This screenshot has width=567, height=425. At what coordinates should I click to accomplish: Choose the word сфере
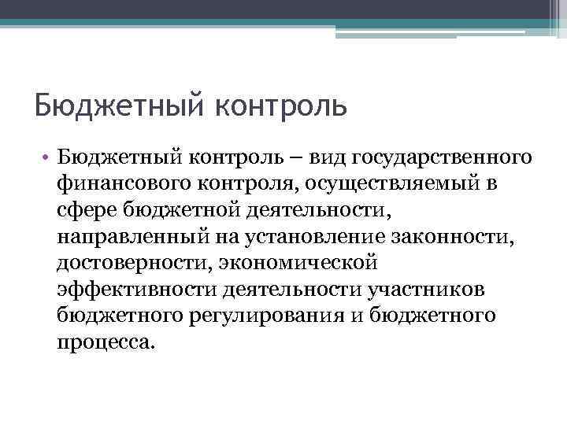click(84, 212)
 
